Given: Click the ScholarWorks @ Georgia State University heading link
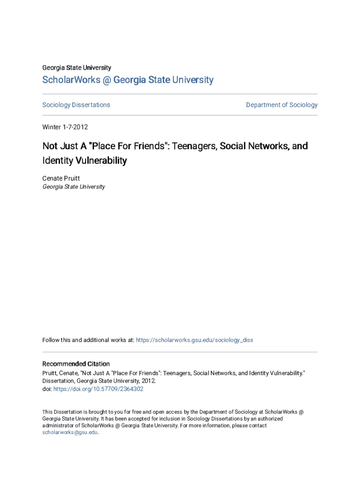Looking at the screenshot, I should click(x=128, y=80).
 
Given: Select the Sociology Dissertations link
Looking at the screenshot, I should click(x=76, y=105).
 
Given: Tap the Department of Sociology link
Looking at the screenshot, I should click(x=281, y=105).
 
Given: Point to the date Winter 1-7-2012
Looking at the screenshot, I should click(x=65, y=127).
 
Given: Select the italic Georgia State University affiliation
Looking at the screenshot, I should click(x=73, y=187).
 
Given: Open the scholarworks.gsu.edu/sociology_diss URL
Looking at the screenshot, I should click(x=194, y=340).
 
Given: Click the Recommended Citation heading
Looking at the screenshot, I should click(x=76, y=364).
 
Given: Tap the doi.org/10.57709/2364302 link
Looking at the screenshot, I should click(x=98, y=389).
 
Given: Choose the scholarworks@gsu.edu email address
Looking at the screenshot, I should click(x=70, y=433).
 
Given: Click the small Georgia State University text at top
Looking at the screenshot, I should click(x=77, y=68).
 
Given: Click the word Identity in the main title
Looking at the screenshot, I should click(x=57, y=161).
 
